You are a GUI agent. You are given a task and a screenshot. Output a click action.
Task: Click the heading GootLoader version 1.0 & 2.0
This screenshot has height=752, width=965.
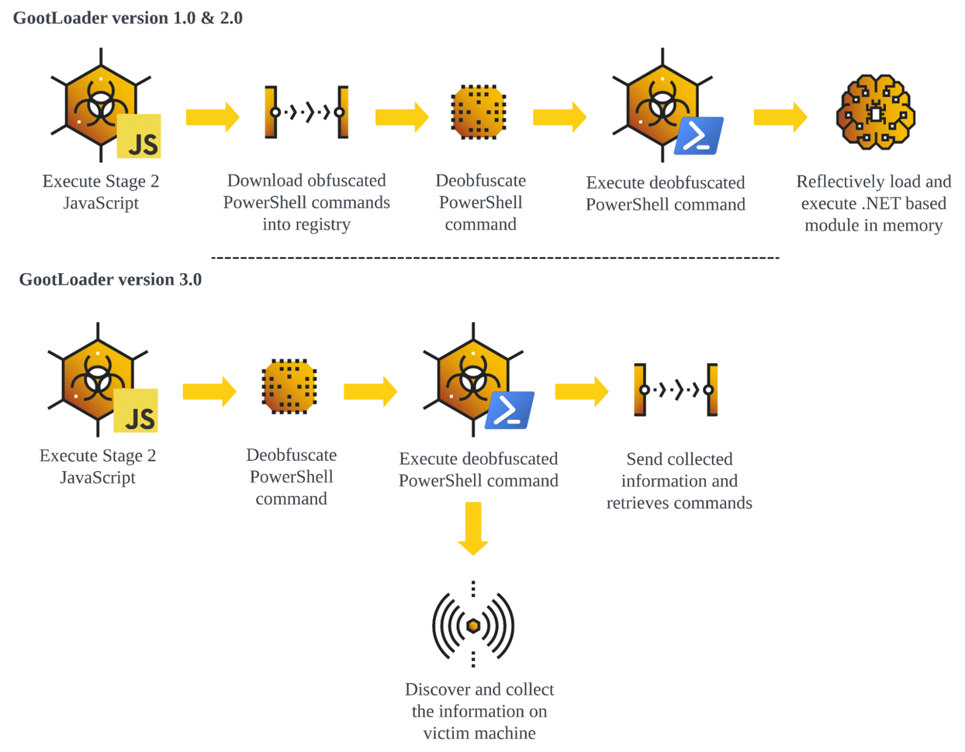(128, 18)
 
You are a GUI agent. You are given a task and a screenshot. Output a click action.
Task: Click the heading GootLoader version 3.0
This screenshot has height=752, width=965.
(110, 279)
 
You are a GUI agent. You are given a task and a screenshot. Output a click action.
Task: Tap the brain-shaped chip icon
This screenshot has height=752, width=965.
(876, 112)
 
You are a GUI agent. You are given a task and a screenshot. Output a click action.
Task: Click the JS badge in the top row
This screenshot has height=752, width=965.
(139, 136)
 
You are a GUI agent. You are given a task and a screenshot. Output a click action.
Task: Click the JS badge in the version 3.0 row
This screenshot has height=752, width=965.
(136, 411)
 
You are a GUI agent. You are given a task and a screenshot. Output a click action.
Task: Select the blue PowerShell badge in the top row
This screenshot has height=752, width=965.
(699, 136)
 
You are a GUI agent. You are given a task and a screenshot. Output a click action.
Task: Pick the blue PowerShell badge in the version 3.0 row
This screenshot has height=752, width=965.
(509, 411)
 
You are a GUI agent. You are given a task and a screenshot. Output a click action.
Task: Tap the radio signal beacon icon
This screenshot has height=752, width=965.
(473, 625)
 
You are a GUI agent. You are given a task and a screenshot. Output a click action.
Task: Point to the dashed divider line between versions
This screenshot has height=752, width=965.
(495, 257)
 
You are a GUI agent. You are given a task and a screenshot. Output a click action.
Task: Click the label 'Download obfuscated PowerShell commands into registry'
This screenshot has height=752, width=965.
(306, 203)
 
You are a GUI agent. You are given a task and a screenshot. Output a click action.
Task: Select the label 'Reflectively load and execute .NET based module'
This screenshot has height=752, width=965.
(873, 203)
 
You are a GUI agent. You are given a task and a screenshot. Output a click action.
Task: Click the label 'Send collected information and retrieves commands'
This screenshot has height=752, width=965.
(679, 481)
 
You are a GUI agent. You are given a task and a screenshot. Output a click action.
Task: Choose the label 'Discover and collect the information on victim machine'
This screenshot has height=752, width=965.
(479, 711)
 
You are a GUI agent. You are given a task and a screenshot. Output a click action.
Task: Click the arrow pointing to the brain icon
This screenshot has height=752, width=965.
(780, 117)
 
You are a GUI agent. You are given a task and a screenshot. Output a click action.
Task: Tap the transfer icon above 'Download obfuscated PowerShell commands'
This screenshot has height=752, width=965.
(306, 113)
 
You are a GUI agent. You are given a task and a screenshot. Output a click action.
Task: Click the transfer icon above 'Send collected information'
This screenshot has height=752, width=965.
(676, 390)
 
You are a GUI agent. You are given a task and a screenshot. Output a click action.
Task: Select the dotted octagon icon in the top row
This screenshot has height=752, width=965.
(479, 113)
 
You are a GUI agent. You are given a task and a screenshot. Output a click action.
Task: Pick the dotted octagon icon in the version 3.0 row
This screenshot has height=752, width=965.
(289, 386)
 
